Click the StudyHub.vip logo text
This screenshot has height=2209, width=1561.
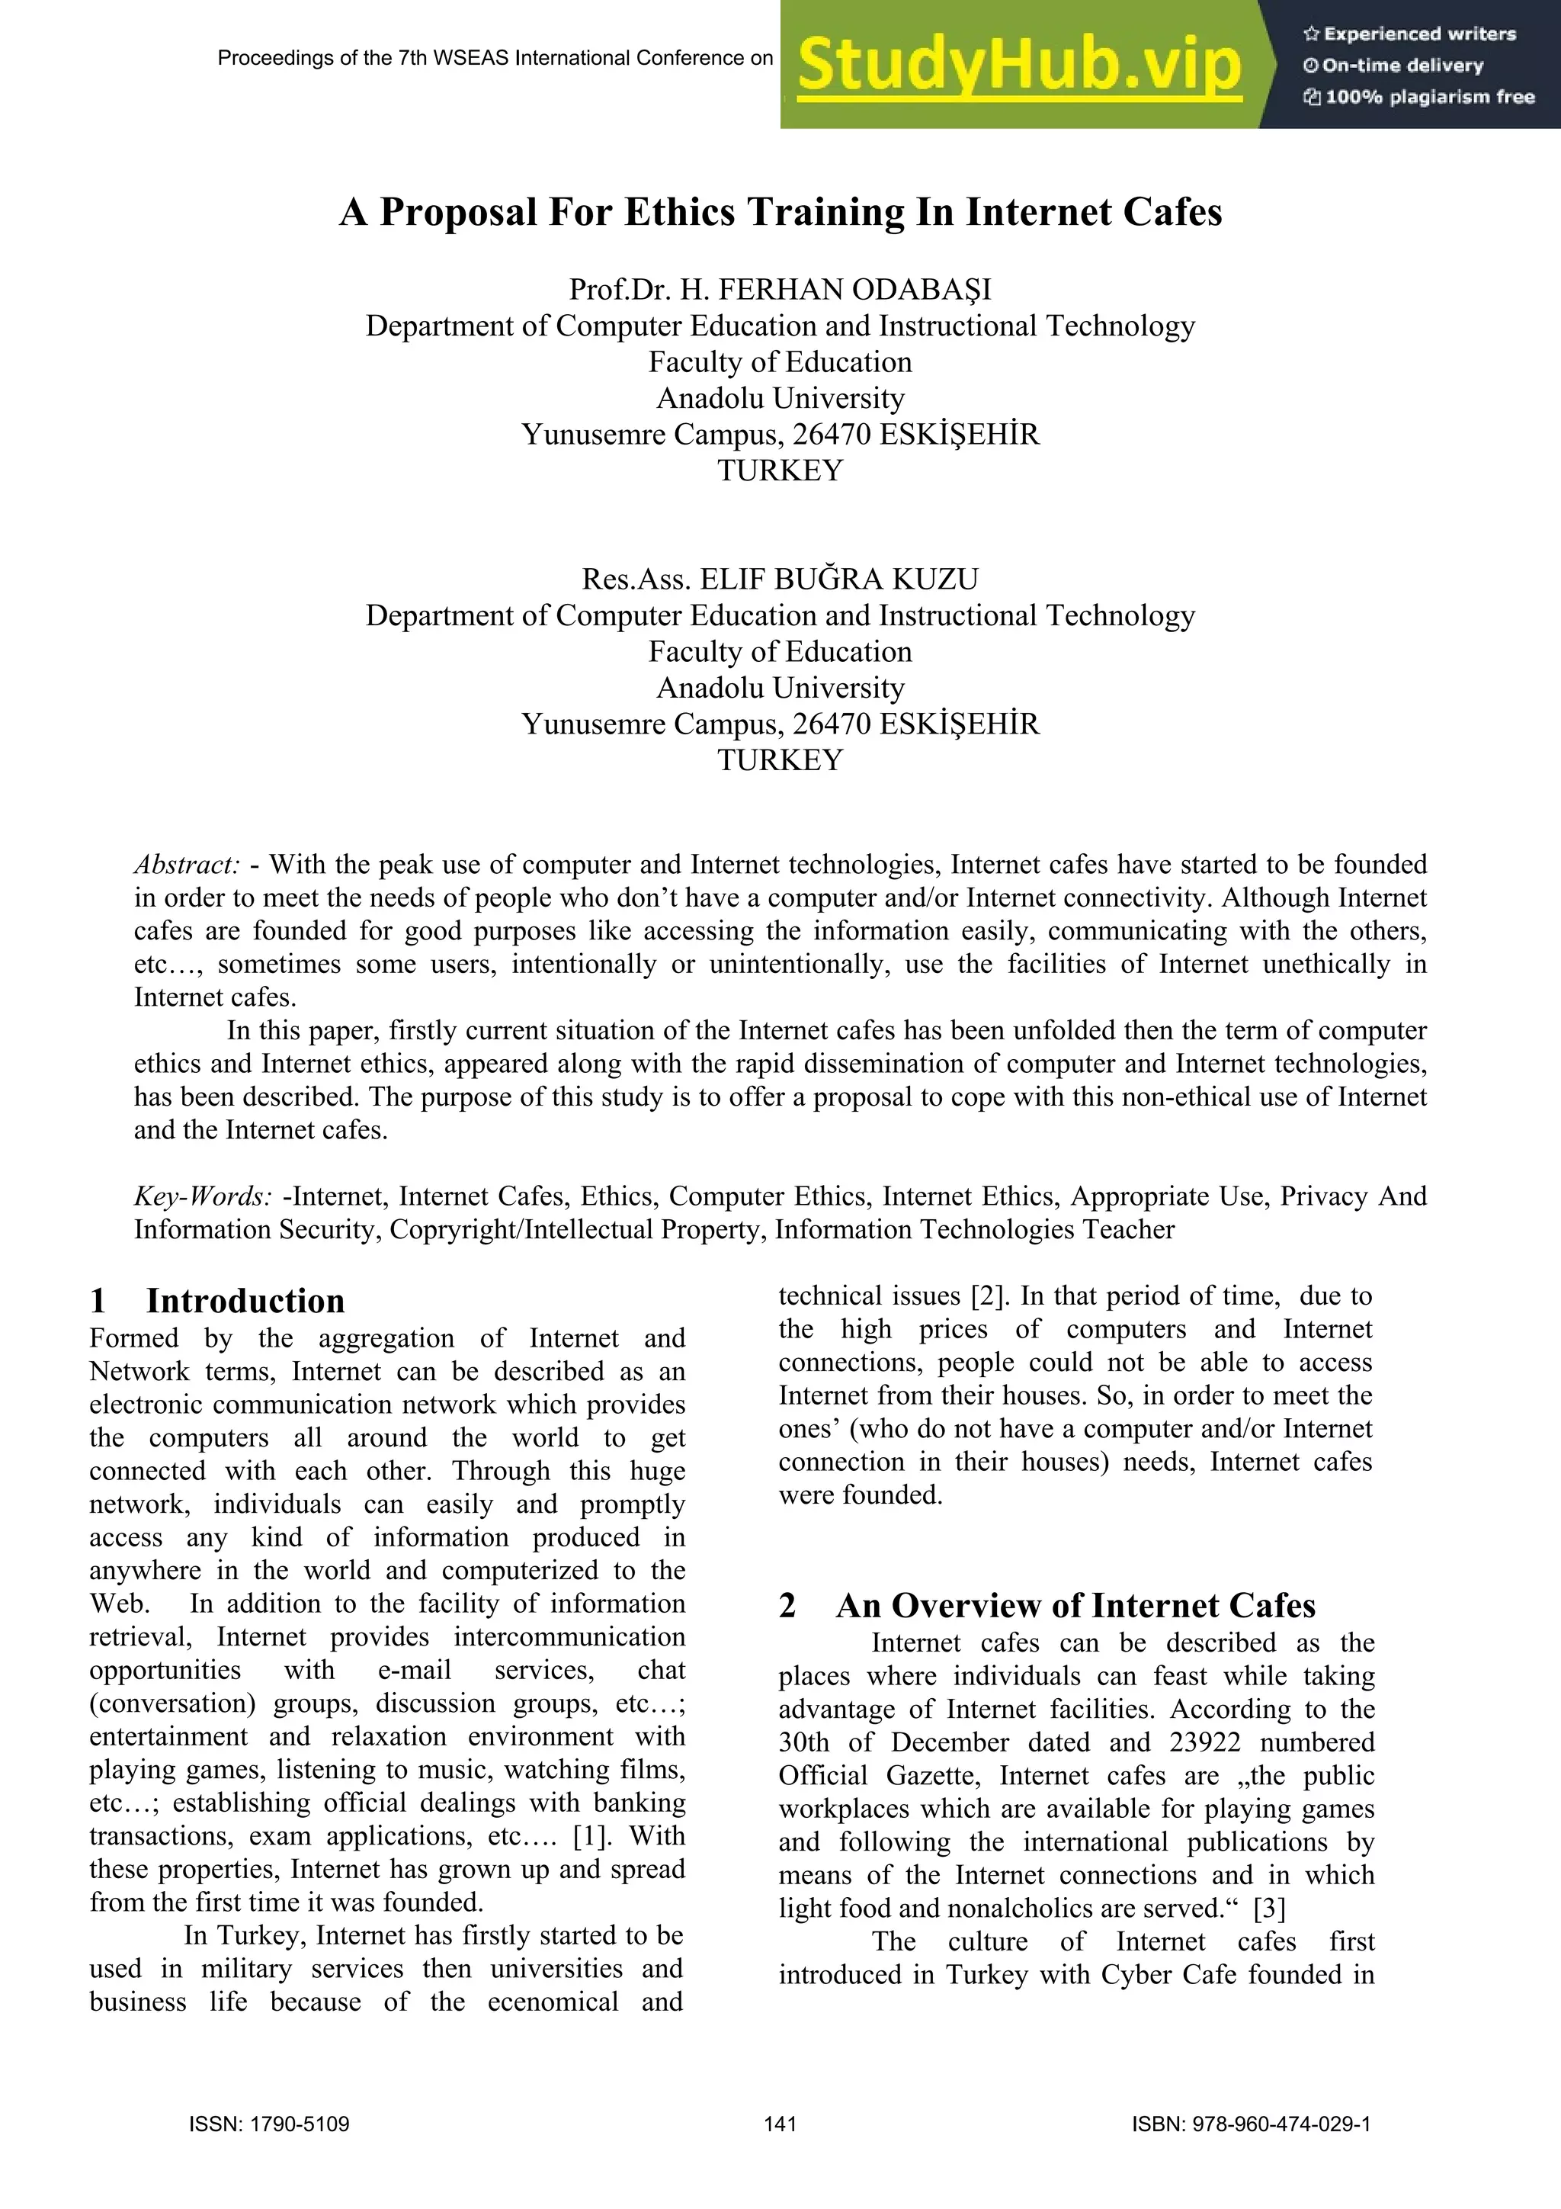tap(1020, 66)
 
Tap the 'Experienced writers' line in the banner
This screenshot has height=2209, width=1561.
tap(1410, 34)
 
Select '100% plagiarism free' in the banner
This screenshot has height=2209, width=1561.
tap(1420, 96)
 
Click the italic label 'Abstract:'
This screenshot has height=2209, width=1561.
tap(187, 865)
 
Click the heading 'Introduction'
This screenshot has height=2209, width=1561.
tap(245, 1301)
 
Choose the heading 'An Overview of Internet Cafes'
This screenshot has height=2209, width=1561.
tap(1075, 1606)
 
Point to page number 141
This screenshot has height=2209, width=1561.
tap(780, 2124)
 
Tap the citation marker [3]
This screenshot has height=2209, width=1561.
tap(1270, 1909)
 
